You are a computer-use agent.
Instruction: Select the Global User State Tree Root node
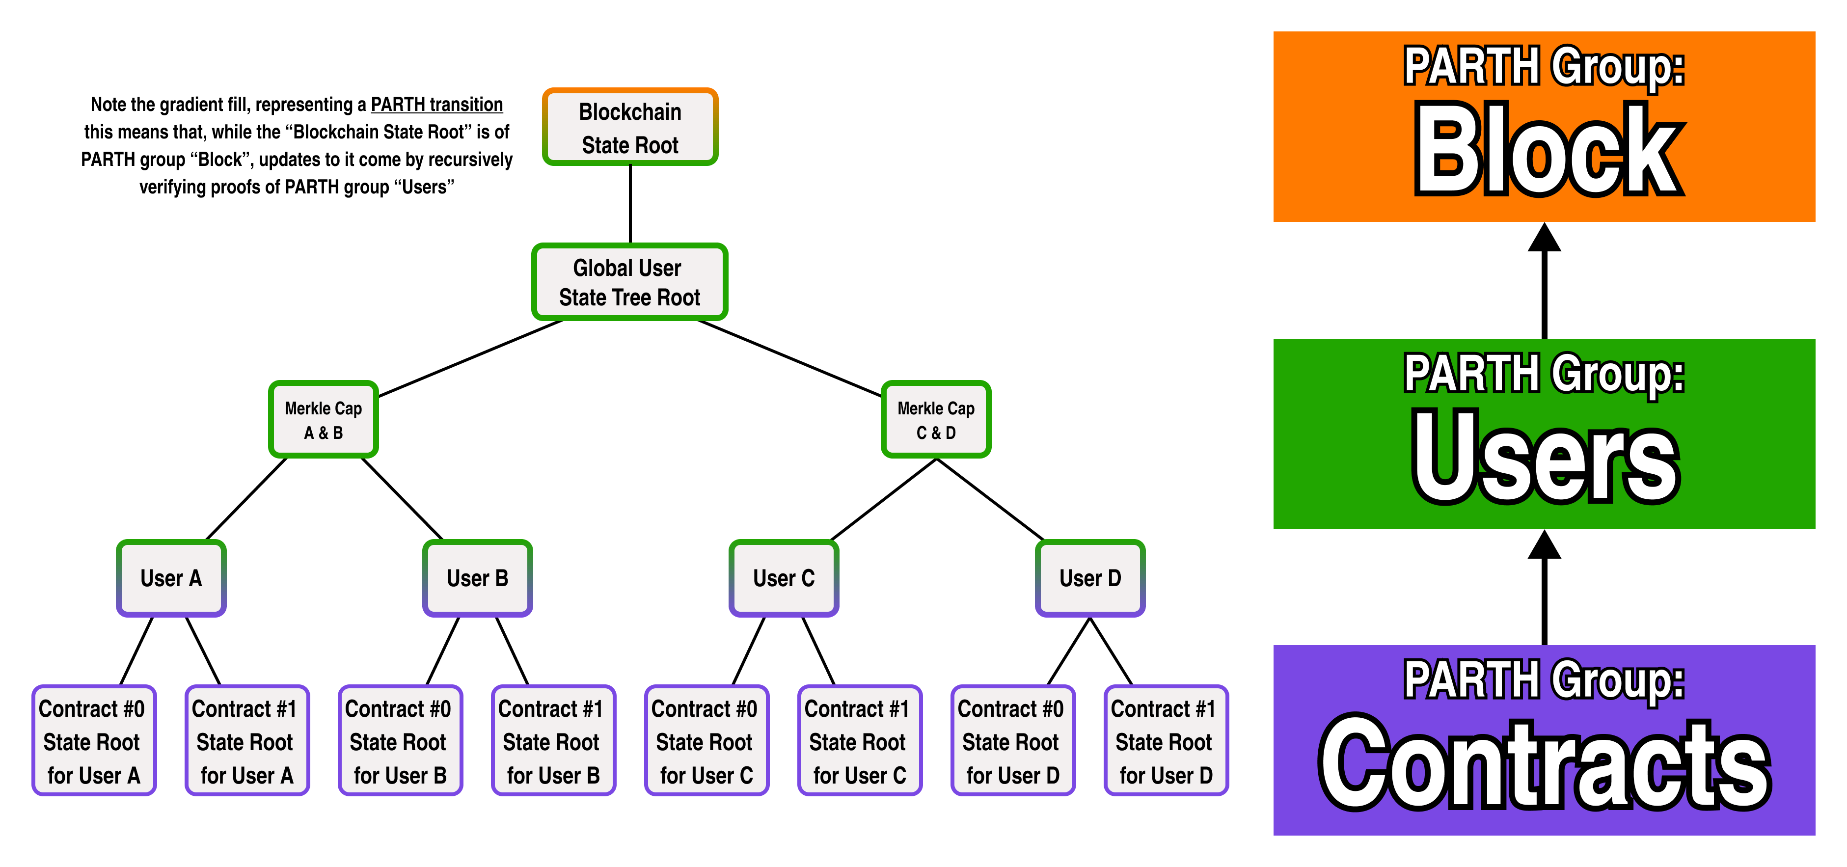[x=629, y=282]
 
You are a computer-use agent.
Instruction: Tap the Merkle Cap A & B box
[x=324, y=420]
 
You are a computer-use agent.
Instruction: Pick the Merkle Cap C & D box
[x=936, y=420]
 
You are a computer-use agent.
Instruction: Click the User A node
[x=171, y=578]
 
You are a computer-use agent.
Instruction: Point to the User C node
[x=784, y=578]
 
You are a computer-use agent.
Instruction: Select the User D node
[x=1090, y=578]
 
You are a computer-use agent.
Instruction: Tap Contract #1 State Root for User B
[x=553, y=741]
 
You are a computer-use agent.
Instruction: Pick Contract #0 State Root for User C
[x=706, y=741]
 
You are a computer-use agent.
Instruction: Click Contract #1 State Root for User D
[x=1165, y=741]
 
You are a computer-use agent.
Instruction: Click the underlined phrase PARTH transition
[x=436, y=105]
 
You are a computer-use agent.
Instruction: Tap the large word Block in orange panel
[x=1546, y=151]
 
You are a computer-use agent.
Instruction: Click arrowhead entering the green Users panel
[x=1545, y=544]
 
